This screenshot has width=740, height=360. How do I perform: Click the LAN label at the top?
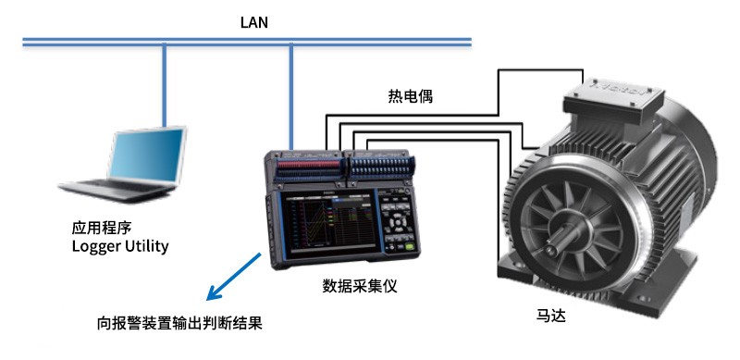pos(253,22)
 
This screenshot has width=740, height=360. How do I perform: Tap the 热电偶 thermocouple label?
pos(410,97)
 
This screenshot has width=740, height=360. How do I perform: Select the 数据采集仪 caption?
pos(360,286)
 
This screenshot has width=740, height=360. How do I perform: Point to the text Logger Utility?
pos(120,245)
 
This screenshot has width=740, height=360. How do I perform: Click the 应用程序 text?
pos(102,228)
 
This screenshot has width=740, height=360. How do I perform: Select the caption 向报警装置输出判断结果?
pos(179,324)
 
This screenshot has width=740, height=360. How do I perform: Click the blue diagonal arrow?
pos(234,277)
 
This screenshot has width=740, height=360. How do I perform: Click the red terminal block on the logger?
pos(309,165)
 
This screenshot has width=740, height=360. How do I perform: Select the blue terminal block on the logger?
pos(380,166)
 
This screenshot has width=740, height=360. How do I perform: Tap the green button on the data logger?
pos(409,246)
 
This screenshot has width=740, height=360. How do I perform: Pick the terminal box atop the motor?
pos(613,100)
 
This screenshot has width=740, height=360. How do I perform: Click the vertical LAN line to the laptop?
pos(165,86)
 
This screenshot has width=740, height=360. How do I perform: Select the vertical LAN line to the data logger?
pos(290,98)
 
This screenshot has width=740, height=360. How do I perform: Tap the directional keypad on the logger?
pos(399,221)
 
